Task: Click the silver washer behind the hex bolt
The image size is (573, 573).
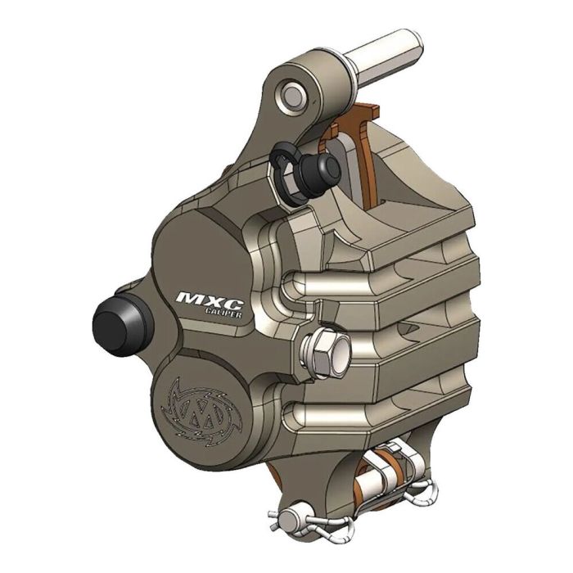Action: [332, 354]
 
